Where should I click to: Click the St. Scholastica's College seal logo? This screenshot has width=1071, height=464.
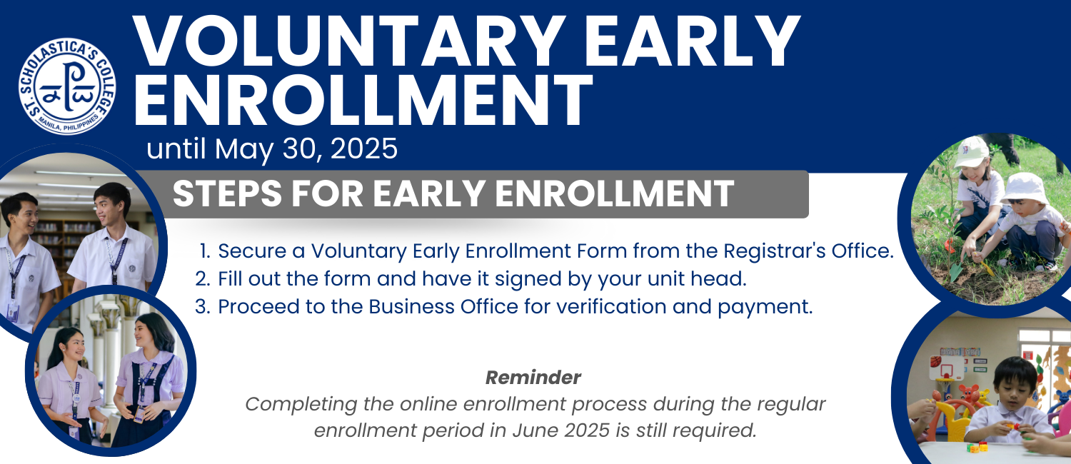tap(67, 86)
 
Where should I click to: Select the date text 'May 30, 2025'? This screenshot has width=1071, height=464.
tap(306, 148)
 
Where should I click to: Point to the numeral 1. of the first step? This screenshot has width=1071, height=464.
tap(205, 251)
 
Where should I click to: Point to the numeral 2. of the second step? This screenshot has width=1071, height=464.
tap(203, 279)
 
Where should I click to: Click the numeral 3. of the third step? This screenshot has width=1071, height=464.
tap(203, 307)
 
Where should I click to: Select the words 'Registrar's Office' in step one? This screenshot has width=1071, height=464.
tap(808, 251)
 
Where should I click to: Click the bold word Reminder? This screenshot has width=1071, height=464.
tap(533, 378)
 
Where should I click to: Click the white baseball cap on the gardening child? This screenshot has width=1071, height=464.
tap(970, 151)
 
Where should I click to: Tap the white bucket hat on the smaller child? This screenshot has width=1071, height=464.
tap(1024, 188)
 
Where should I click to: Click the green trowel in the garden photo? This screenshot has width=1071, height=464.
tap(956, 271)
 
